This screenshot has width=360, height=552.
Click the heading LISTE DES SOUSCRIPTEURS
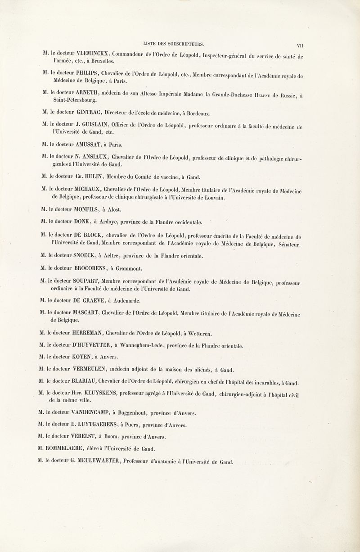coord(173,44)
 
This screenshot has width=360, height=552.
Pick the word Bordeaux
coord(204,113)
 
